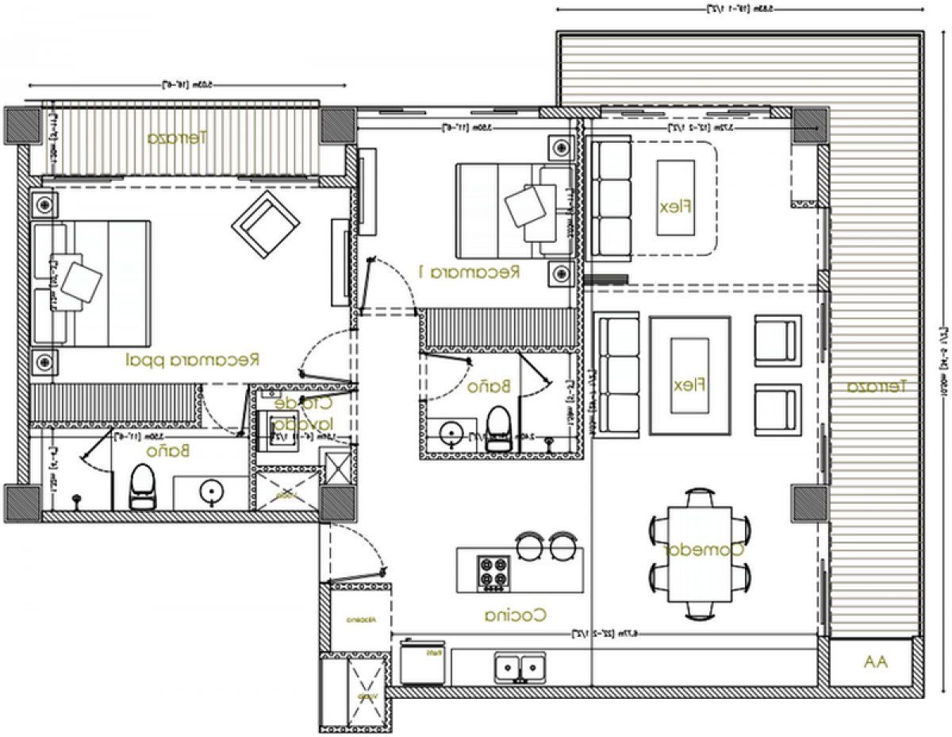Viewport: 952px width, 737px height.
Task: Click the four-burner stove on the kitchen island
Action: click(x=493, y=573)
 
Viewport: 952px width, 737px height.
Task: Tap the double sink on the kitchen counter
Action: click(x=520, y=666)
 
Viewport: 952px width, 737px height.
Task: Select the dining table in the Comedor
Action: click(x=700, y=554)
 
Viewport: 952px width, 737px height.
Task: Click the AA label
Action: click(x=876, y=662)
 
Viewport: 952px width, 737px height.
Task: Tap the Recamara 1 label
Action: click(x=469, y=272)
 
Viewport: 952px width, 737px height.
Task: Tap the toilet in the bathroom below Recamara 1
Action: click(x=500, y=429)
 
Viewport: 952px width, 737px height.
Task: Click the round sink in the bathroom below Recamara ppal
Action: click(x=212, y=492)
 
